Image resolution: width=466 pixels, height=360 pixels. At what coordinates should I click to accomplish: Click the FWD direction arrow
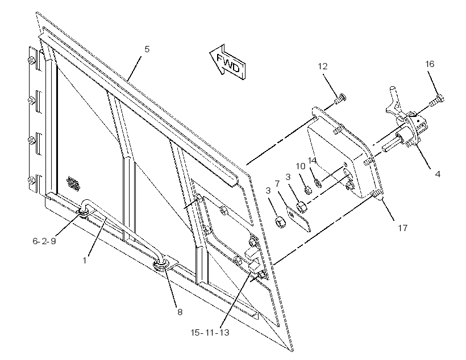228,62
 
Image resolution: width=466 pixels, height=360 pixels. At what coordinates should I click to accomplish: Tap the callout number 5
147,49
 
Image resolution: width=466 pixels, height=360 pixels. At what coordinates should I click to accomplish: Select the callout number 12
322,66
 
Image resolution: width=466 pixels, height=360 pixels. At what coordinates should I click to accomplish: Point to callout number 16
430,64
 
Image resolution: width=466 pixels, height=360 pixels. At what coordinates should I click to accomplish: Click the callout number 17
403,228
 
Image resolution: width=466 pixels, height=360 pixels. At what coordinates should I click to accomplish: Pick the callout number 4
438,174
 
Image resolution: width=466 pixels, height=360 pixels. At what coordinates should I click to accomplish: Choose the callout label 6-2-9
44,241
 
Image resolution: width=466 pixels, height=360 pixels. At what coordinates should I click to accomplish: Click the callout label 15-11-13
210,332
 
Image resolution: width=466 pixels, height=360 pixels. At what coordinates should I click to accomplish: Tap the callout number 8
180,312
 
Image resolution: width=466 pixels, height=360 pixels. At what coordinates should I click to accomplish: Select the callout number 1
85,261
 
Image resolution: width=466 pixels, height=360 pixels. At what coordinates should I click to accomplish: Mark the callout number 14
312,161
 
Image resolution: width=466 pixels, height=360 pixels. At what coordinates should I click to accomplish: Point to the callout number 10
301,166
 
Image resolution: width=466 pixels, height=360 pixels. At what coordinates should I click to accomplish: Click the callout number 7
277,184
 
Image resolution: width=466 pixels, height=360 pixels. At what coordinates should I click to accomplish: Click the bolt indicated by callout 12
340,98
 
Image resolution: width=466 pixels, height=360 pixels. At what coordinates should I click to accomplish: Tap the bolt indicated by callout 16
436,100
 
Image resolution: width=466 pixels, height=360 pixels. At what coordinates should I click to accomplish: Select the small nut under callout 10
308,190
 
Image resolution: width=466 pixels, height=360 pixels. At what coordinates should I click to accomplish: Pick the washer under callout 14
318,183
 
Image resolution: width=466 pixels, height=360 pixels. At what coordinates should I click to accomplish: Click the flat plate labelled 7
298,219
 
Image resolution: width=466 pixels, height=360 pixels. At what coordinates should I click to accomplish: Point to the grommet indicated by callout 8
161,265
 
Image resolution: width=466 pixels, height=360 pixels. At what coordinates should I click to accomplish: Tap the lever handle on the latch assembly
394,99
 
